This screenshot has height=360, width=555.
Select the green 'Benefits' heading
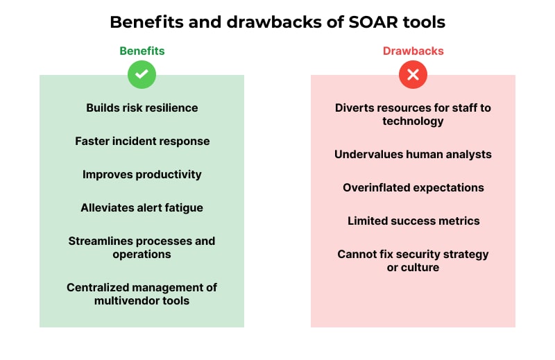point(142,51)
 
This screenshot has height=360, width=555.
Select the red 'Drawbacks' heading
point(413,51)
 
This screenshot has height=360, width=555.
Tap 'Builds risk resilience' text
point(142,108)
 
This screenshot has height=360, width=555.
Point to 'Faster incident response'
point(142,141)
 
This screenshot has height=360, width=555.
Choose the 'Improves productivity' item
point(142,174)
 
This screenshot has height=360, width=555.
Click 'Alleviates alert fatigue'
point(142,207)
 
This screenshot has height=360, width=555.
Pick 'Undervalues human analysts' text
point(413,154)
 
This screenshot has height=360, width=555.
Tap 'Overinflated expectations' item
point(413,187)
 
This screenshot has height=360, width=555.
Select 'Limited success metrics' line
point(413,221)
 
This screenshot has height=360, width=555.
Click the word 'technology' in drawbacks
point(413,121)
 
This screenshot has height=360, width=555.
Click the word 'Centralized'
point(99,287)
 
